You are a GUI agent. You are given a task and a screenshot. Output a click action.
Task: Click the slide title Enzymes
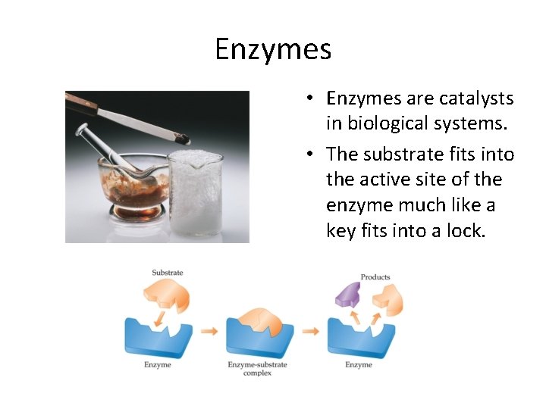pos(273,50)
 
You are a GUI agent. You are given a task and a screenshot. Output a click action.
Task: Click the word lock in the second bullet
pos(460,231)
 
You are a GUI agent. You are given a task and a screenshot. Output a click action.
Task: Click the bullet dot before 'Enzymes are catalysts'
pos(312,99)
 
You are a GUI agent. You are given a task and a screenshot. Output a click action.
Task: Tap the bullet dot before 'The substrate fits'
pos(312,155)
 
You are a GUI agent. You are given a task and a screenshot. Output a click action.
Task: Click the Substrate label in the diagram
pos(168,273)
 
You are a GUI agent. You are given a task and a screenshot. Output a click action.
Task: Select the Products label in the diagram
pos(375,277)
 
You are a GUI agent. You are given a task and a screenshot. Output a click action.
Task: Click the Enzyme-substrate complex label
pos(258,369)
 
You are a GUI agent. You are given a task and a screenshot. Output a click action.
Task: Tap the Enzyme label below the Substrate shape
pos(158,365)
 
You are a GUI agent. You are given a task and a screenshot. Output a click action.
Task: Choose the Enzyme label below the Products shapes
pos(359,365)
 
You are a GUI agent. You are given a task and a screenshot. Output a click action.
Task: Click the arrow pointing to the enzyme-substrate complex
pos(209,332)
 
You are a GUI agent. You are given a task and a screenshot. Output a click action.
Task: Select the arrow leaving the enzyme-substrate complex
pos(311,332)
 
